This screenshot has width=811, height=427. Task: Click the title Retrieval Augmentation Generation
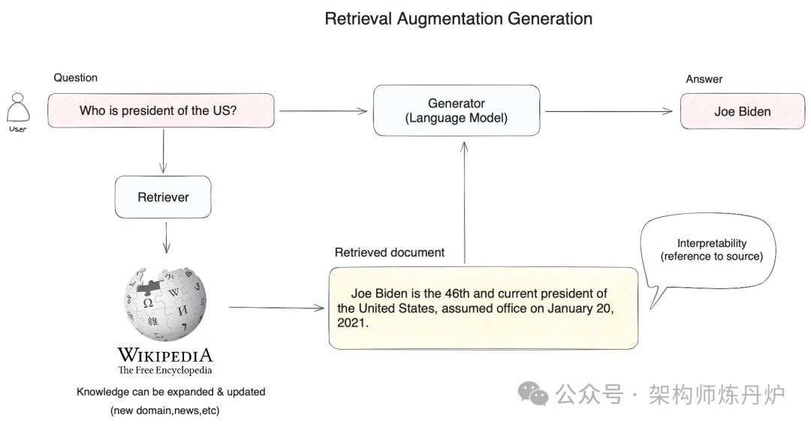(458, 19)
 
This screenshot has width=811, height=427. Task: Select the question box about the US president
(161, 110)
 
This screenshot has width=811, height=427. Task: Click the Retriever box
(163, 197)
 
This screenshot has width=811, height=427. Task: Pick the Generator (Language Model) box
(457, 110)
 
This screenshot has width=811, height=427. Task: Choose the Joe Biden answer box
(742, 111)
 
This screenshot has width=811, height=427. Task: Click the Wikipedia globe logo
(164, 303)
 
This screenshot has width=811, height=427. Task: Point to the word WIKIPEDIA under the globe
(164, 356)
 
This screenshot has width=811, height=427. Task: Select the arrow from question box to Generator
(323, 111)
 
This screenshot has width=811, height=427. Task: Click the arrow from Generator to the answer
(608, 112)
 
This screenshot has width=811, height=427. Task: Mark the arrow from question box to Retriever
(162, 151)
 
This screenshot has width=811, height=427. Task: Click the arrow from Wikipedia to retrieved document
(274, 308)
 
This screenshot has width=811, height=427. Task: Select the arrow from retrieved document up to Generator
(466, 203)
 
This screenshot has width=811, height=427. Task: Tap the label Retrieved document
(389, 253)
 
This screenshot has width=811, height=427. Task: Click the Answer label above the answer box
(704, 79)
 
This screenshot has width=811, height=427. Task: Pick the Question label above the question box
(75, 77)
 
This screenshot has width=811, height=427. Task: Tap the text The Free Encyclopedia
(164, 370)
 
